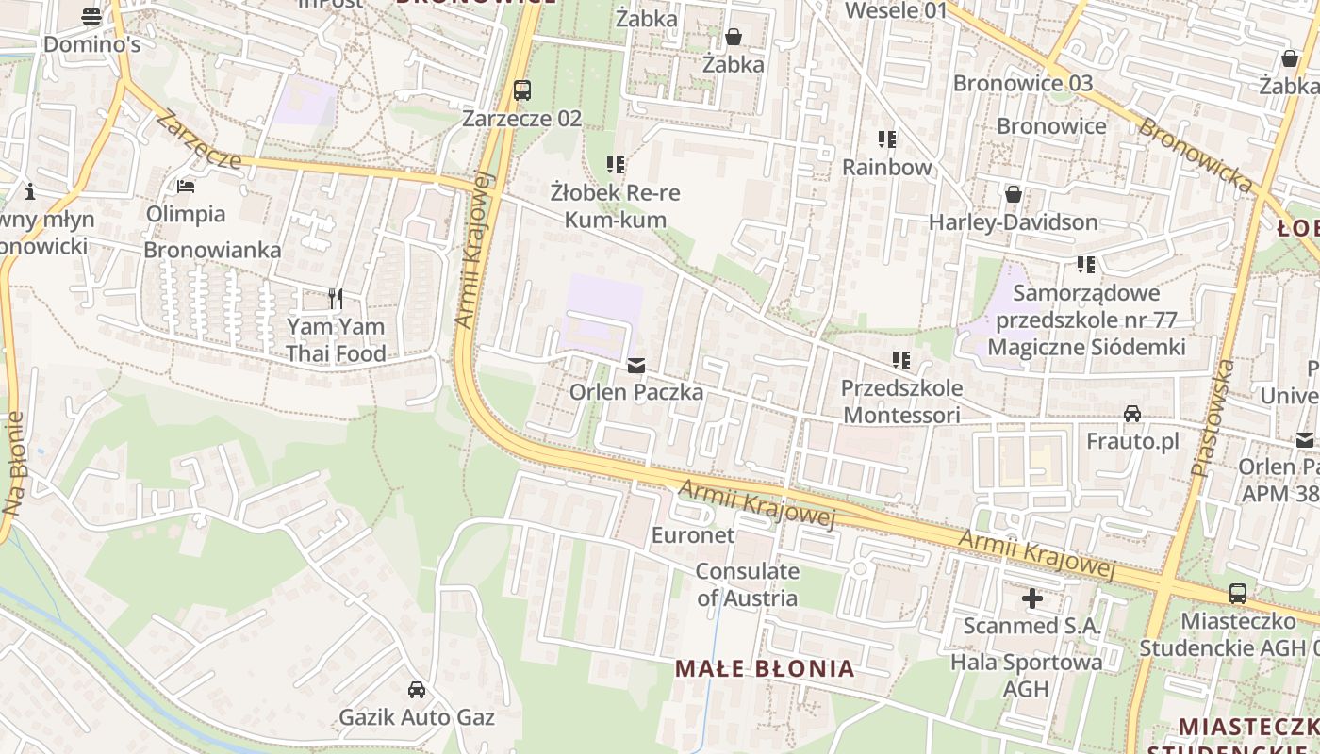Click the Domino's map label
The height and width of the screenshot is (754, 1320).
click(91, 44)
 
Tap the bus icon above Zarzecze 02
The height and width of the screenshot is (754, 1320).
click(521, 90)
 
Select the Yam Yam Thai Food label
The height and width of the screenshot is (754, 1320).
click(336, 340)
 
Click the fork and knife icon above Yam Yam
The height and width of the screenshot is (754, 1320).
click(336, 299)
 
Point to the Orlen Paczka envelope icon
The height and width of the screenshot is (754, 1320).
click(636, 365)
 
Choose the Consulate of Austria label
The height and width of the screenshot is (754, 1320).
click(747, 584)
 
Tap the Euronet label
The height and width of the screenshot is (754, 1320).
click(692, 534)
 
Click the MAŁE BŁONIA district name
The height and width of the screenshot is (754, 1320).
click(765, 669)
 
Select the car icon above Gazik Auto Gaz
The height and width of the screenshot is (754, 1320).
click(416, 690)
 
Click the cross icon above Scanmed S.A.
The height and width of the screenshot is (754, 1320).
click(1032, 598)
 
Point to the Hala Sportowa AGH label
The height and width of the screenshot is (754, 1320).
click(1026, 675)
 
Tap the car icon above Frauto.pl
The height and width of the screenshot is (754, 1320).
click(1132, 414)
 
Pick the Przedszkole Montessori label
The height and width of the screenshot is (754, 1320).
click(901, 402)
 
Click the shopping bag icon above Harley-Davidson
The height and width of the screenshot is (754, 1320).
click(1014, 194)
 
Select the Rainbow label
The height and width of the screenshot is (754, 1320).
click(886, 167)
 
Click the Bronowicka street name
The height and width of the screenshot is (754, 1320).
click(1196, 156)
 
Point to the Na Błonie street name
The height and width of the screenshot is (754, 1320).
click(12, 463)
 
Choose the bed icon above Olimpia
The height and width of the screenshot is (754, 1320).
click(186, 187)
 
